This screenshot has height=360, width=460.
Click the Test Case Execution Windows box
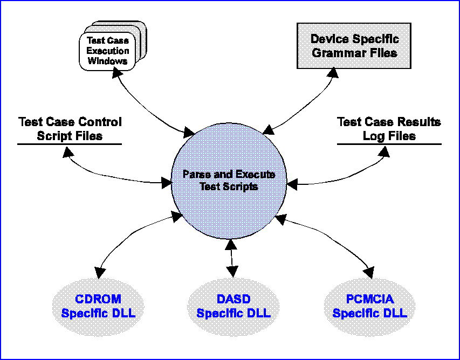coord(108,51)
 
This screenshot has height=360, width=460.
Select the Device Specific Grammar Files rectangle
coord(354,46)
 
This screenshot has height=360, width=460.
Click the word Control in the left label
coord(101,122)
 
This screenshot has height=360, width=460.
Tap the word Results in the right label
coord(420,122)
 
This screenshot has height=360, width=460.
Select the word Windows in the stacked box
coord(108,61)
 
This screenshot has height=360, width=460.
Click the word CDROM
coord(98,299)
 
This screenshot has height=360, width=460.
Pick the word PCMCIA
coord(369,299)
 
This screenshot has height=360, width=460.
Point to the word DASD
coord(234,299)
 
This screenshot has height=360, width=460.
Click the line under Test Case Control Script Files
coord(70,144)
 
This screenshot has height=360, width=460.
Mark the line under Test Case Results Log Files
coord(389,144)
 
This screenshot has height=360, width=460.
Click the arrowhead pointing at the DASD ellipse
coord(233,272)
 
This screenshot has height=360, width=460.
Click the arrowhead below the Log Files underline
coord(385,151)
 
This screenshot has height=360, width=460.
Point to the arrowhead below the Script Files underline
coord(68,151)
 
